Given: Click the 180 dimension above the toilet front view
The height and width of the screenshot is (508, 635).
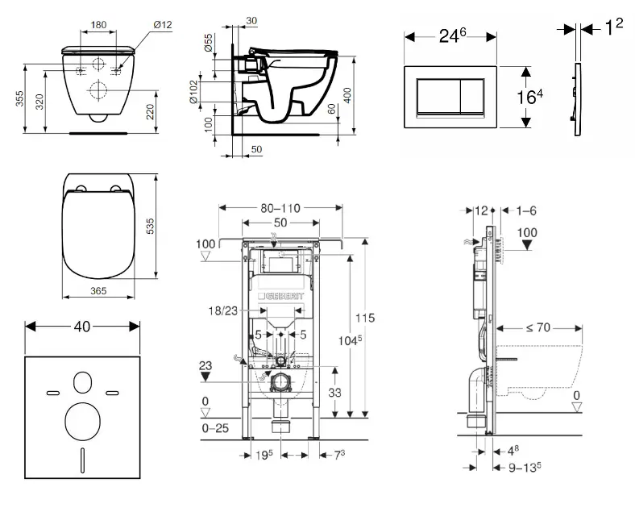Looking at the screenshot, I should coord(98,25).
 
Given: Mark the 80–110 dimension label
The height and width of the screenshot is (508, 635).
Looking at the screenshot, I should coord(280,208).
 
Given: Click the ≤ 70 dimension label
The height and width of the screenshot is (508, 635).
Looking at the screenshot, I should coord(538,328).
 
